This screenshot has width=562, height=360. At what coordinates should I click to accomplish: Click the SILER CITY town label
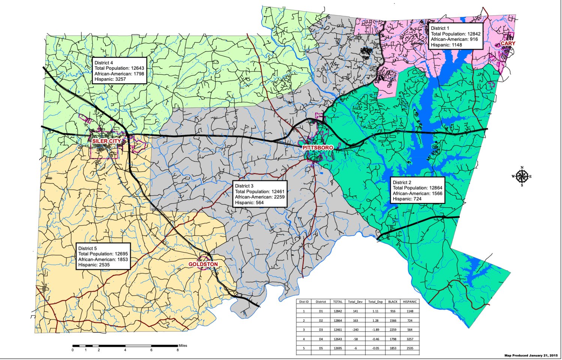coord(107,141)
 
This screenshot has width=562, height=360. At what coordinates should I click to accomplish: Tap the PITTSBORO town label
coord(318,148)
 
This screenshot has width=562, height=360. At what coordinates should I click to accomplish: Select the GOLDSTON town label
coord(203,264)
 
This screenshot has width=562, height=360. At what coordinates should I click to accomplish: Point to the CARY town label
coord(508,43)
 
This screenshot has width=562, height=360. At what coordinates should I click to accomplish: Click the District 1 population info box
coord(456,36)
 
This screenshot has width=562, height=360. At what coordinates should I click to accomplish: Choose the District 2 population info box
coord(417,191)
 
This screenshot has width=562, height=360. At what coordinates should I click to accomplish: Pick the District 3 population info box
coord(259,194)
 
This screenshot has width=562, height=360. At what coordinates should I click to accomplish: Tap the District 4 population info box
coord(119,71)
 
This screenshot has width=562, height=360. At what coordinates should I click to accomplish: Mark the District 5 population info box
coord(103,257)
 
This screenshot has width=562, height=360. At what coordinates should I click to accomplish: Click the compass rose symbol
coord(522,176)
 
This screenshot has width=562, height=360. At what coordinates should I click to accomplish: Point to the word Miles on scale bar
coord(183,346)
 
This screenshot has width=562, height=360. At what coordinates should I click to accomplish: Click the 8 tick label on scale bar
coord(177,350)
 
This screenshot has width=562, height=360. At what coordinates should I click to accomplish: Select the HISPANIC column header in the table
coord(410,302)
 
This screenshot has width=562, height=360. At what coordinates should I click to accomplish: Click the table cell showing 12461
coord(338,330)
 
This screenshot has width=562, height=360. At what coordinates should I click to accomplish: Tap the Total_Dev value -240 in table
coord(355,330)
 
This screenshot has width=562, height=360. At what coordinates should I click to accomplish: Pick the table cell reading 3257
coord(410,339)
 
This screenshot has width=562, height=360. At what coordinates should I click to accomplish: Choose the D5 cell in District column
coord(321,348)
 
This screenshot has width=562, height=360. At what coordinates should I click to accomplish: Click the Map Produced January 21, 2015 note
coord(531,356)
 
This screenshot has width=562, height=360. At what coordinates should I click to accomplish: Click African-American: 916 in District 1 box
coord(454,39)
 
